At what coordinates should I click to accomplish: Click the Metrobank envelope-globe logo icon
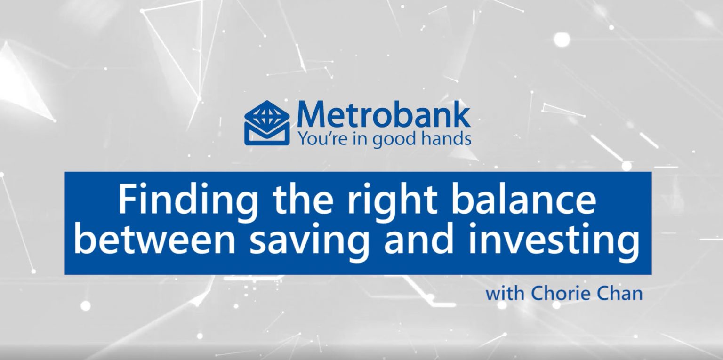pyautogui.click(x=267, y=122)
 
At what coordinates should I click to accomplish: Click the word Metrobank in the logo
pyautogui.click(x=383, y=114)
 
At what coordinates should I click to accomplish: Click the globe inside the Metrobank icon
pyautogui.click(x=267, y=114)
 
